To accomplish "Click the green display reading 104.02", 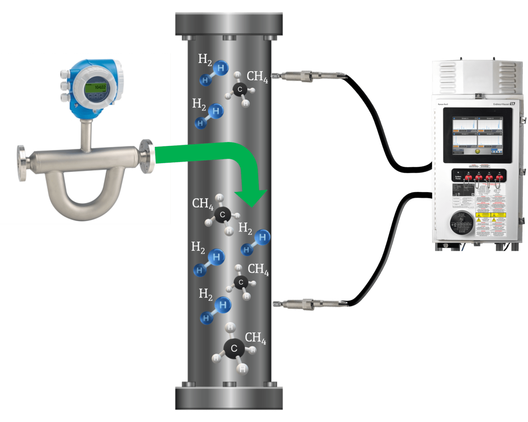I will tap(96, 88).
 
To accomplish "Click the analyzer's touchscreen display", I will tap(477, 135).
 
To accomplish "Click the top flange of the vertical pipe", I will tap(229, 24).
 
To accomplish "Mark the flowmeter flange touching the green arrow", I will tap(147, 156).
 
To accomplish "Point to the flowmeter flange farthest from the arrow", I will tap(22, 163).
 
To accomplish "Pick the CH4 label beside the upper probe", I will tap(257, 77).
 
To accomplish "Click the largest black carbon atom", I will tap(234, 348).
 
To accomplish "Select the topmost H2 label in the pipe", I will tap(205, 59).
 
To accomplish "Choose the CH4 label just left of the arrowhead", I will tap(202, 203).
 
